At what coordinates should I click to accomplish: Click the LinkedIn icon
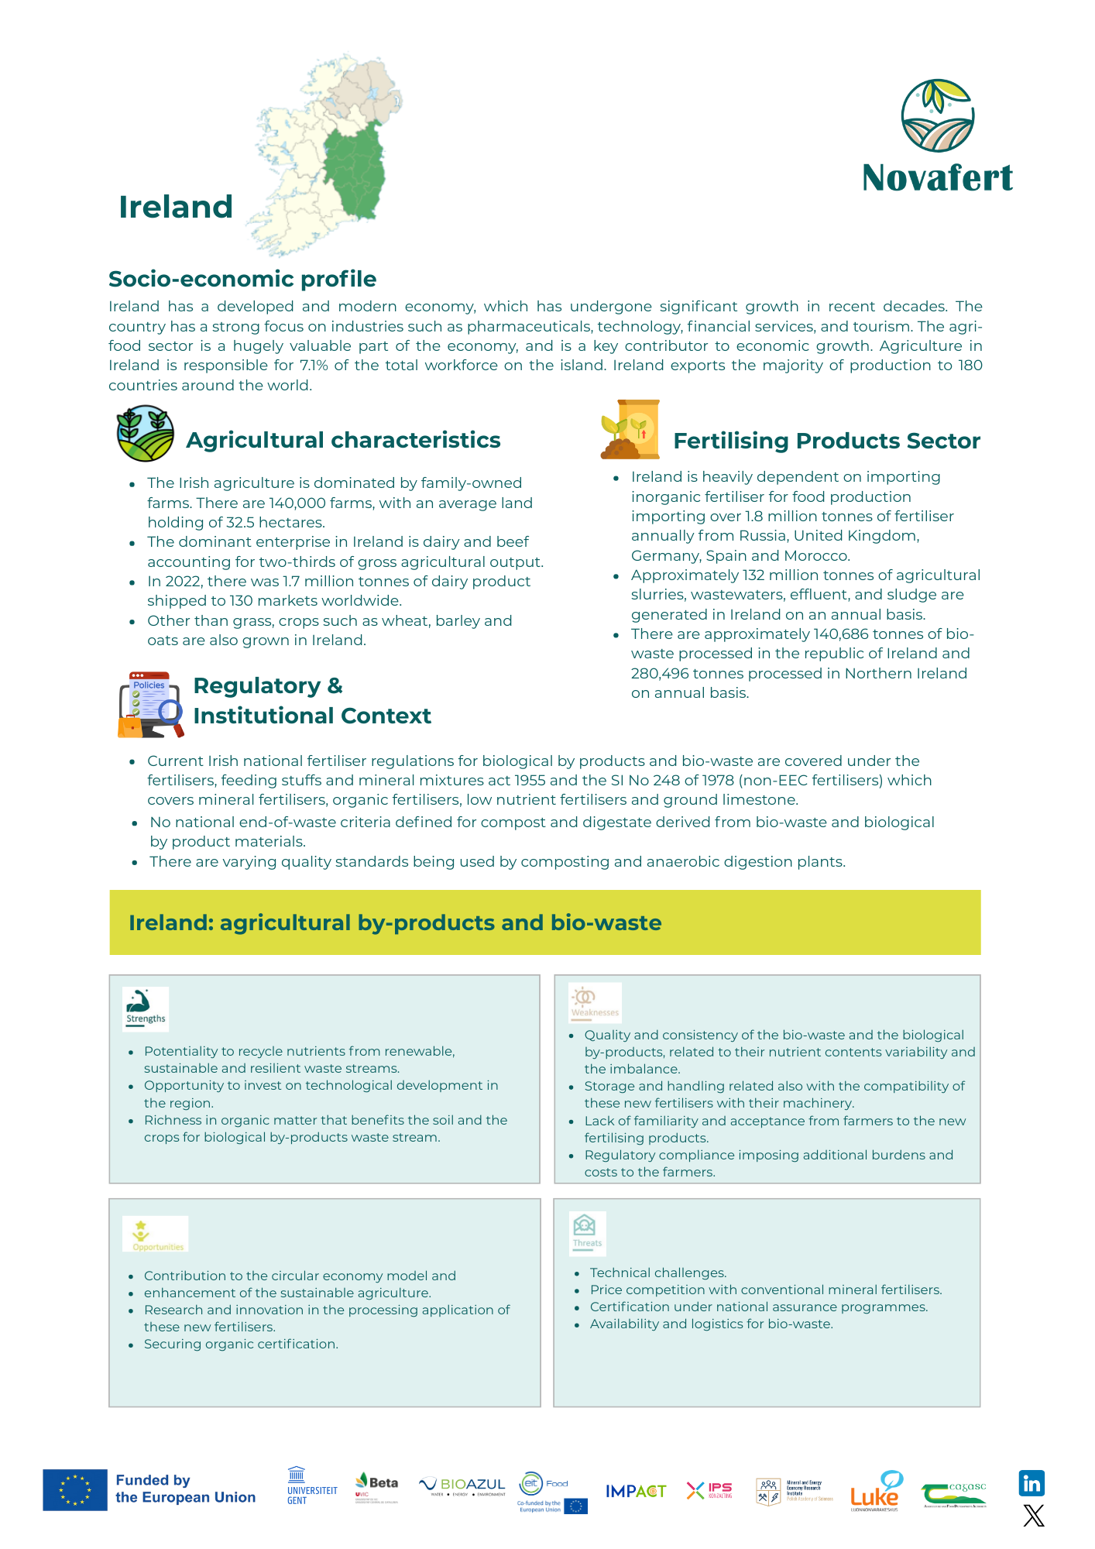coord(1031,1483)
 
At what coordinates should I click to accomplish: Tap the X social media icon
coord(1033,1516)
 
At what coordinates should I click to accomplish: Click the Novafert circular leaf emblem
coord(937,115)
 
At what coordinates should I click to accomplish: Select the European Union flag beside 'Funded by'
coord(75,1489)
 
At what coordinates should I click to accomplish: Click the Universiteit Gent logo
coord(311,1486)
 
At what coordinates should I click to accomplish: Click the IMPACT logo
coord(635,1491)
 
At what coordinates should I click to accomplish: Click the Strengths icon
coord(146,1009)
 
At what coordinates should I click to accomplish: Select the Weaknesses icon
coord(595,1002)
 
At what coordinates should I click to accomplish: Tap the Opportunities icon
coord(156,1234)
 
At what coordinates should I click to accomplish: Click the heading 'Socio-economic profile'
coord(242,279)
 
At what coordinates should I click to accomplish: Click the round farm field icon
coord(146,434)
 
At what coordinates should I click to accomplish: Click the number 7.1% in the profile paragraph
coord(314,366)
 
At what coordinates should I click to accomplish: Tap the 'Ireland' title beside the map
coord(176,207)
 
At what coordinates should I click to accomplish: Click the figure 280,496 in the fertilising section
coord(662,674)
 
